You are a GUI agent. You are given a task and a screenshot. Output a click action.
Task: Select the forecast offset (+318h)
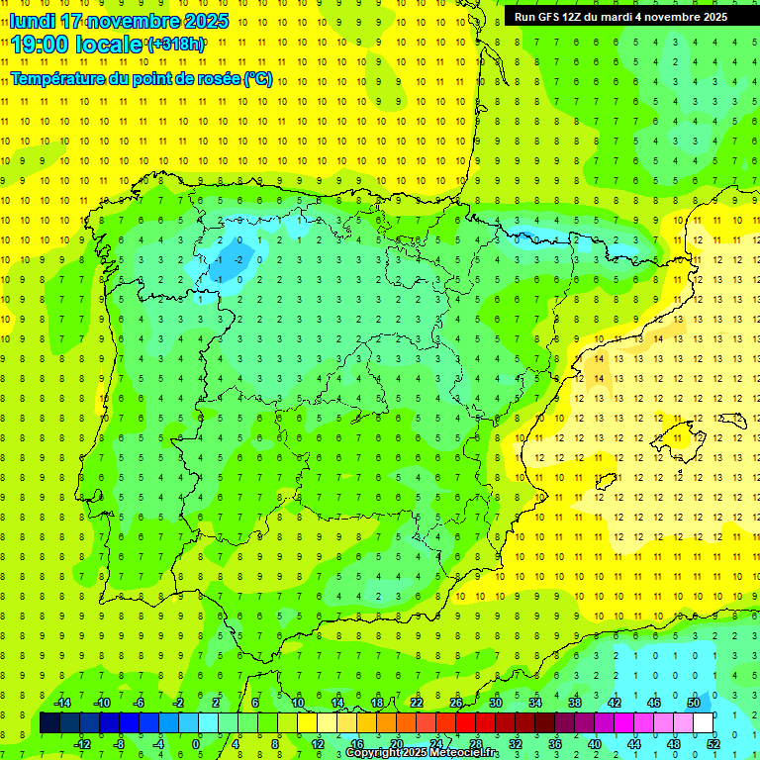[176, 45]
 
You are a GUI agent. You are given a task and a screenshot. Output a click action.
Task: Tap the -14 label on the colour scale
[61, 703]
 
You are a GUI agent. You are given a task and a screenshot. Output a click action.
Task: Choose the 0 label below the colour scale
[195, 744]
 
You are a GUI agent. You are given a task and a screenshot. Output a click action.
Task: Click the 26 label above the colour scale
[456, 703]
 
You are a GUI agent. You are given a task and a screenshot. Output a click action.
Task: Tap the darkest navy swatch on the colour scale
[49, 723]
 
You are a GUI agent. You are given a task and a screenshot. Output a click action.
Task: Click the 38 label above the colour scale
[575, 703]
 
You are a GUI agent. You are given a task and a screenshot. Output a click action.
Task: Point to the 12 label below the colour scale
[318, 744]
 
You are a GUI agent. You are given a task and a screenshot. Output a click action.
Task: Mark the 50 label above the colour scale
[693, 703]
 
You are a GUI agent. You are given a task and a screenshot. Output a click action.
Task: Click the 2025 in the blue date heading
[207, 21]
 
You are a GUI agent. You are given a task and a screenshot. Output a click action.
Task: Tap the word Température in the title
[57, 79]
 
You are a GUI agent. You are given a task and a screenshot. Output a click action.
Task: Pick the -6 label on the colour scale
[140, 703]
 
